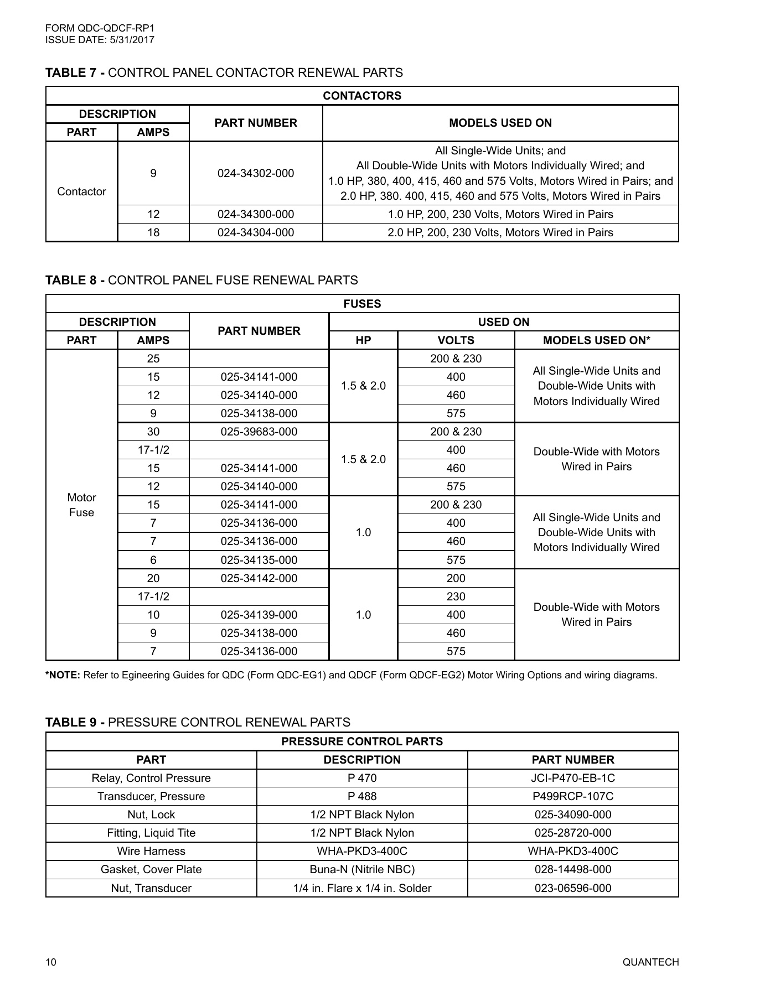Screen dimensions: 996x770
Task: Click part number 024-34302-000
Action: pos(256,173)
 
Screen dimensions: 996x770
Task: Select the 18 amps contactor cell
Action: pos(153,232)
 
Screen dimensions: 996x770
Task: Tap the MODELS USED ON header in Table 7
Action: pos(500,123)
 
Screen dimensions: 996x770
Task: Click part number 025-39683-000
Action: pos(259,432)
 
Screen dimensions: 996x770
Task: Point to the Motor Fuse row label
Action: pos(81,505)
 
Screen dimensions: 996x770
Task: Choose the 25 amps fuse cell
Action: pos(153,359)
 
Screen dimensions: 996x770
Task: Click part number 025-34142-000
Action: pos(259,578)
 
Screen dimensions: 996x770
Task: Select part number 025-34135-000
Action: pos(259,560)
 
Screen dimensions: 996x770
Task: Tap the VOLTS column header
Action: pos(456,340)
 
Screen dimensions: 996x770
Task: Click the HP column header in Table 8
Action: pos(363,340)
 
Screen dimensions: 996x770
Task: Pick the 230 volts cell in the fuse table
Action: pos(456,596)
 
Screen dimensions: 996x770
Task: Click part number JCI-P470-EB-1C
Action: pos(572,778)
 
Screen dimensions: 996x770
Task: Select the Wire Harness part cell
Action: pos(151,851)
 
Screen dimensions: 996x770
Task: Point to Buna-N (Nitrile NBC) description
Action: pos(362,869)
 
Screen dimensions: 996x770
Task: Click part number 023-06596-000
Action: pos(572,888)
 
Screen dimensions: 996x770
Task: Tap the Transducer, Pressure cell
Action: pos(151,796)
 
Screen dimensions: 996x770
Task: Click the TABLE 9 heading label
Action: pos(75,722)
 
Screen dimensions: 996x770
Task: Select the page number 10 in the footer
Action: pos(51,962)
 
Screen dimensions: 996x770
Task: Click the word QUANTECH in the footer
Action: pos(650,962)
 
